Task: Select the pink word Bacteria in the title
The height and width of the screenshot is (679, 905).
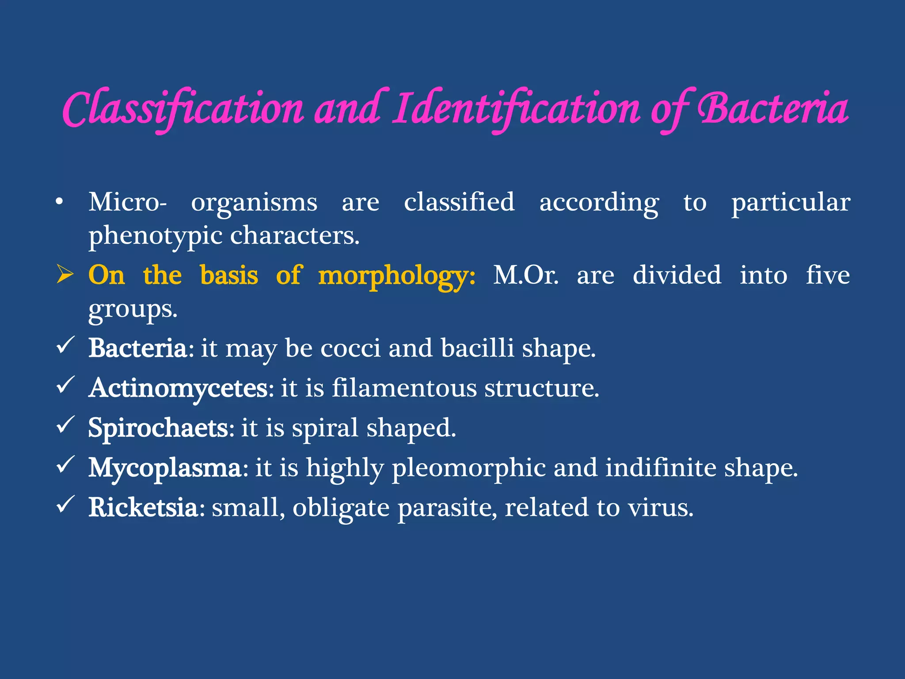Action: (x=773, y=109)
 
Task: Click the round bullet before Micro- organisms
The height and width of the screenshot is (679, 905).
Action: (x=60, y=202)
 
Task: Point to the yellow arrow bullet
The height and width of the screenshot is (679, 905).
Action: (x=65, y=275)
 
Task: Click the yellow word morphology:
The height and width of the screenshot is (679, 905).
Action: (x=396, y=276)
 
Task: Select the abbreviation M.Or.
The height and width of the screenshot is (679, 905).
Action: (x=526, y=275)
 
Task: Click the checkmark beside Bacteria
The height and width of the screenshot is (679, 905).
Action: (x=66, y=345)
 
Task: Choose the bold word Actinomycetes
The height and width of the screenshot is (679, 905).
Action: (x=178, y=388)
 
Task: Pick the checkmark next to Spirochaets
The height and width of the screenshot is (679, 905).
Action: (x=66, y=425)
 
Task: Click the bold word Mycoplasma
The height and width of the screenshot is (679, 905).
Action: (x=165, y=468)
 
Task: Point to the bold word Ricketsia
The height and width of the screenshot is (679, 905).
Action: (x=143, y=507)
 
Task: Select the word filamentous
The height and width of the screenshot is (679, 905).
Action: (x=404, y=388)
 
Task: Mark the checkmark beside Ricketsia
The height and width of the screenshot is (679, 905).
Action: (x=66, y=504)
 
